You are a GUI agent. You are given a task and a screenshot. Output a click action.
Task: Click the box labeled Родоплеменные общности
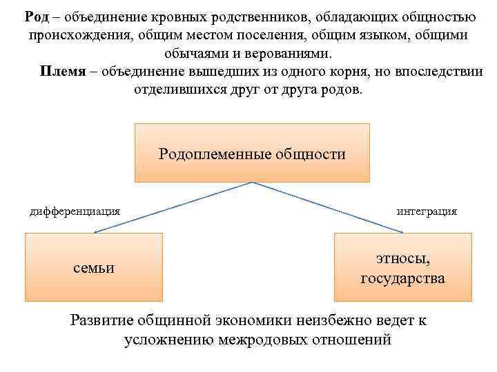coord(252,153)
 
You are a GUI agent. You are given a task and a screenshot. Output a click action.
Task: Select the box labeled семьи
coord(94,267)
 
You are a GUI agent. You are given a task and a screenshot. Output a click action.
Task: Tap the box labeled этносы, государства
coord(402,267)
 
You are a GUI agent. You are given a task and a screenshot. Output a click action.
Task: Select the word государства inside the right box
coord(402,279)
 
